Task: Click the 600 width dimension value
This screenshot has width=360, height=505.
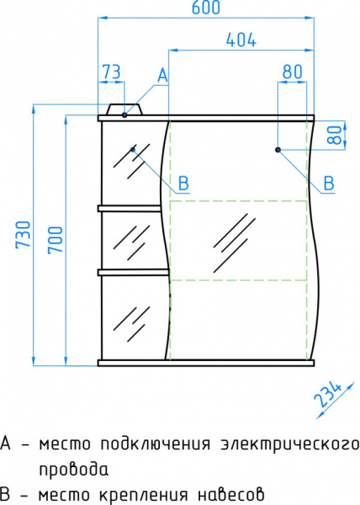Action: [x=205, y=8]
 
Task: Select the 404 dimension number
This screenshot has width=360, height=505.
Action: [x=241, y=40]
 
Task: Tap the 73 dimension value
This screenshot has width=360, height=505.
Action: [x=110, y=72]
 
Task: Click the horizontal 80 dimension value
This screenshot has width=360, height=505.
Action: [x=292, y=72]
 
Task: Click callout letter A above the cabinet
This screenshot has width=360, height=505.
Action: [x=162, y=76]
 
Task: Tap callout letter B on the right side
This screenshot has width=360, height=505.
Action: [x=330, y=183]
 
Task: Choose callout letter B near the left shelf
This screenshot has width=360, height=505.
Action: [x=183, y=183]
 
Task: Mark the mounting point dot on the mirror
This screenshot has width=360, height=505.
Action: [x=278, y=150]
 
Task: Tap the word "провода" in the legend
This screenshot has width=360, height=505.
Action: [x=73, y=469]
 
